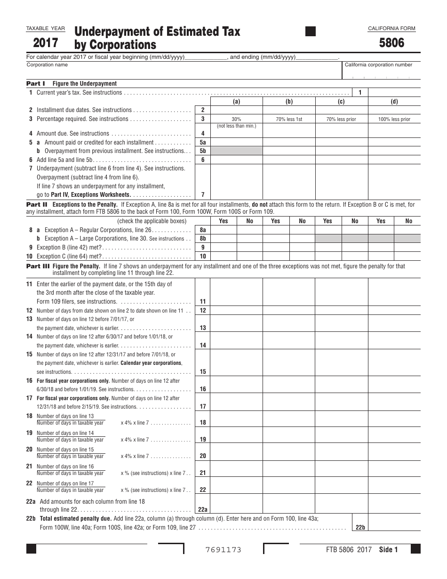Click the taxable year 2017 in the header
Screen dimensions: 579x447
pyautogui.click(x=46, y=43)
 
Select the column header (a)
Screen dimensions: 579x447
pyautogui.click(x=236, y=102)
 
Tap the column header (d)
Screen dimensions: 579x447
pyautogui.click(x=394, y=102)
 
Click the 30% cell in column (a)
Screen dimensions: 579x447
pyautogui.click(x=236, y=119)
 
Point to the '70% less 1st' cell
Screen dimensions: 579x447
pyautogui.click(x=289, y=119)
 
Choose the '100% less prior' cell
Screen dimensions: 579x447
pyautogui.click(x=394, y=119)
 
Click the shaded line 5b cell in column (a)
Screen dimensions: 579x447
pyautogui.click(x=236, y=151)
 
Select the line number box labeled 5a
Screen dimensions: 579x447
pyautogui.click(x=203, y=142)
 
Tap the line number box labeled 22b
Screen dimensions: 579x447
pyautogui.click(x=360, y=528)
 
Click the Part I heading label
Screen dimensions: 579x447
pyautogui.click(x=36, y=83)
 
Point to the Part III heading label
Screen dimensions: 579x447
pyautogui.click(x=37, y=266)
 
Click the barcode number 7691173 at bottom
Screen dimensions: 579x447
pyautogui.click(x=223, y=550)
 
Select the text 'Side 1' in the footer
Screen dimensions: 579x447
pyautogui.click(x=388, y=550)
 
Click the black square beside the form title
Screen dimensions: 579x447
pyautogui.click(x=311, y=32)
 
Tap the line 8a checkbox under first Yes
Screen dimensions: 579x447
pyautogui.click(x=223, y=230)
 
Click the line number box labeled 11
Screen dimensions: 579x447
pyautogui.click(x=203, y=301)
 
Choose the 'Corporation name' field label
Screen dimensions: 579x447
pyautogui.click(x=47, y=65)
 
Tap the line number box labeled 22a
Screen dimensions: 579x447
pyautogui.click(x=203, y=509)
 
